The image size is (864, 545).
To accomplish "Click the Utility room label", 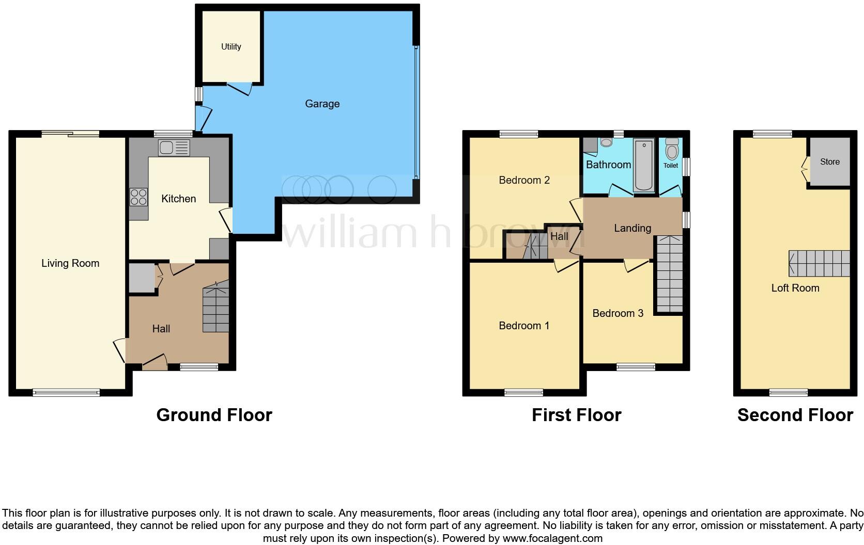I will click(x=231, y=46).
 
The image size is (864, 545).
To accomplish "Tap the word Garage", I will click(x=322, y=104).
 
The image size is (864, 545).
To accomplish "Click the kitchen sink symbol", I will click(x=174, y=148).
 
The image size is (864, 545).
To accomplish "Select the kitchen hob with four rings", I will click(x=138, y=197).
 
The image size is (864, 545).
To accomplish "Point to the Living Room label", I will click(x=70, y=263).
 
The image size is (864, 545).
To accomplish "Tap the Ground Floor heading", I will click(x=214, y=415).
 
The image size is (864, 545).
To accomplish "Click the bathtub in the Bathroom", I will click(x=644, y=165).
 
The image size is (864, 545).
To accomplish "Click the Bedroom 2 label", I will click(x=524, y=180).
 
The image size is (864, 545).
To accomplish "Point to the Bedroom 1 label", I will click(x=524, y=326).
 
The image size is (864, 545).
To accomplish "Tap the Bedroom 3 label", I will click(x=618, y=313).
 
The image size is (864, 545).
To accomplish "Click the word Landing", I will click(x=632, y=228).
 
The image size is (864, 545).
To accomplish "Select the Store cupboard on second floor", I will click(x=829, y=162).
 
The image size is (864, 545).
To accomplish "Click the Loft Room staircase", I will click(x=820, y=263).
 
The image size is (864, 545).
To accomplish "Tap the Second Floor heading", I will click(x=795, y=415).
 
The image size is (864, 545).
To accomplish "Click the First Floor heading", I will click(x=576, y=415).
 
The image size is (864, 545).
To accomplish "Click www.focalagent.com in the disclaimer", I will click(x=552, y=538).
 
